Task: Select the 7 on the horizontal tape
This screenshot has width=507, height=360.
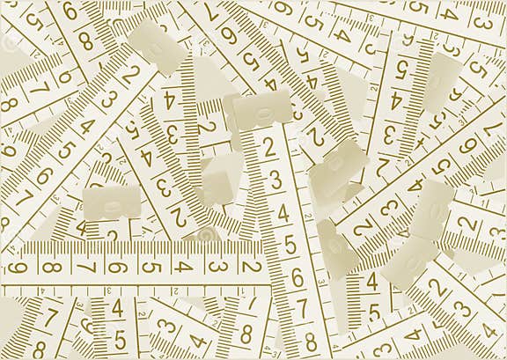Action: point(84,267)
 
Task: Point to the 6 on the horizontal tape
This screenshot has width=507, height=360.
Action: point(117,267)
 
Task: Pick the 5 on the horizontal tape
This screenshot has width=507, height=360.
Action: point(150,267)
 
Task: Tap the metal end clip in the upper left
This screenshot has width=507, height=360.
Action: point(157,43)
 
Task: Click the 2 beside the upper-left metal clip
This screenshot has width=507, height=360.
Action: point(131,75)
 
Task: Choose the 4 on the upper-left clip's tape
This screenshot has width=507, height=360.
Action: point(86,125)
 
